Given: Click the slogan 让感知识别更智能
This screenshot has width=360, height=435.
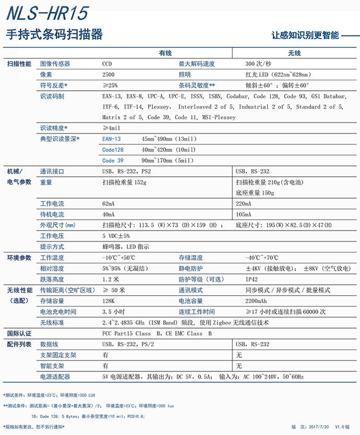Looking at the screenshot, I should click(x=305, y=35).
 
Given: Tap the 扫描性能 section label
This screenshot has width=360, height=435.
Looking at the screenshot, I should click(x=19, y=64).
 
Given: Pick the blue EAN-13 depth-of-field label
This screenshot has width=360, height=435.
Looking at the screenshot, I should click(x=111, y=139).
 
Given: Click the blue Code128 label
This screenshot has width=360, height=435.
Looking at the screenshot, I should click(x=113, y=150).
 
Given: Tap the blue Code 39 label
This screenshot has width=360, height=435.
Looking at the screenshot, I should click(x=113, y=161).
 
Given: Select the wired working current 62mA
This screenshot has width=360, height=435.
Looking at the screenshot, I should click(x=109, y=204).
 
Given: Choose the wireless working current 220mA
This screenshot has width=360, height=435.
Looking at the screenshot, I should click(x=243, y=204).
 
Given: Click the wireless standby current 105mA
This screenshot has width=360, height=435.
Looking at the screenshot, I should click(x=243, y=214).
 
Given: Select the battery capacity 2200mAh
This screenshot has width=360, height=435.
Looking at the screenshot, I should click(x=256, y=301).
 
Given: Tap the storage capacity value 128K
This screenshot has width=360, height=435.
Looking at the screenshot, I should click(x=109, y=301).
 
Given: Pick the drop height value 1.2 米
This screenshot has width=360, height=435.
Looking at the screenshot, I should click(x=111, y=279).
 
